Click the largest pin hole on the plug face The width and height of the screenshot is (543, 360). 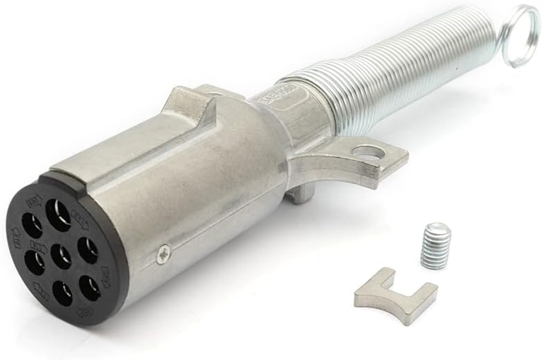coord(58,214)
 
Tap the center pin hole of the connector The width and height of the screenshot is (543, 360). coord(61,256)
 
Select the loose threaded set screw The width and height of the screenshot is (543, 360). coord(435,246)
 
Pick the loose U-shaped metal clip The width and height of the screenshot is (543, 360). coord(395,295)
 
